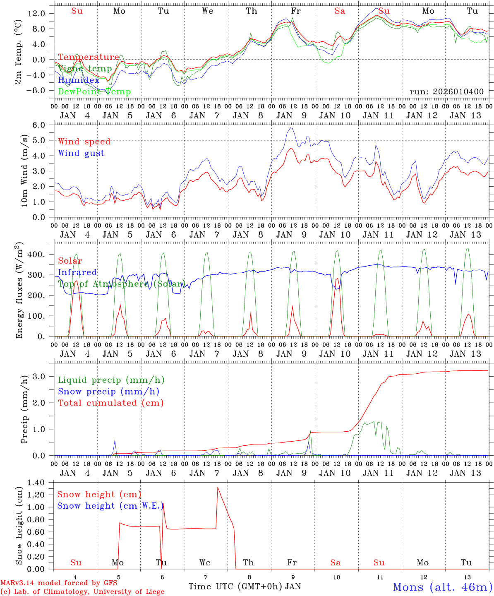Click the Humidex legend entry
pyautogui.click(x=79, y=80)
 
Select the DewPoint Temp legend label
pyautogui.click(x=94, y=91)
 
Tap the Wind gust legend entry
pyautogui.click(x=81, y=153)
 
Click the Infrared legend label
pyautogui.click(x=77, y=272)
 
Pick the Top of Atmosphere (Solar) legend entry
pyautogui.click(x=121, y=284)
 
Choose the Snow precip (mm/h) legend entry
pyautogui.click(x=108, y=391)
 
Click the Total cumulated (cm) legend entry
pyautogui.click(x=110, y=403)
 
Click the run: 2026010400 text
pyautogui.click(x=446, y=91)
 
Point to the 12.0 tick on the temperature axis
pyautogui.click(x=36, y=13)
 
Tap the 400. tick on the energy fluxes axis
pyautogui.click(x=36, y=254)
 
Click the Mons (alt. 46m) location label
pyautogui.click(x=442, y=587)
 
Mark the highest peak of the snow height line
pyautogui.click(x=218, y=487)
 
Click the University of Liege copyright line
pyautogui.click(x=82, y=591)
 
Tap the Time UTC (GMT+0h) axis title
pyautogui.click(x=235, y=586)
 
